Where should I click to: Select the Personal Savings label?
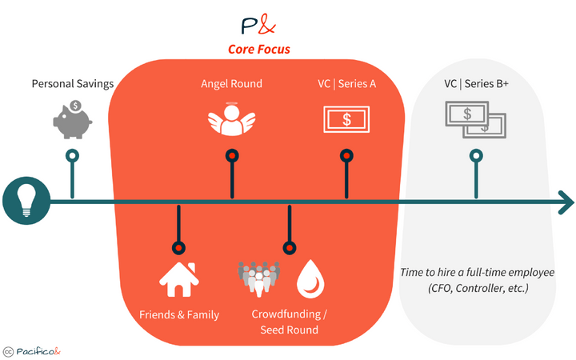pyautogui.click(x=72, y=83)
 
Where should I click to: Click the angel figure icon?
pyautogui.click(x=231, y=121)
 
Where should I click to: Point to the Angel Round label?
pyautogui.click(x=231, y=83)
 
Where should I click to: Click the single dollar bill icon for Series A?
pyautogui.click(x=346, y=120)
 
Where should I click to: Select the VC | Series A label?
pyautogui.click(x=346, y=83)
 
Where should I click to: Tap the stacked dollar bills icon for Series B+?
pyautogui.click(x=476, y=121)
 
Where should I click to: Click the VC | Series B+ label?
pyautogui.click(x=477, y=83)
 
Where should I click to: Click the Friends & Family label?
pyautogui.click(x=178, y=314)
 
